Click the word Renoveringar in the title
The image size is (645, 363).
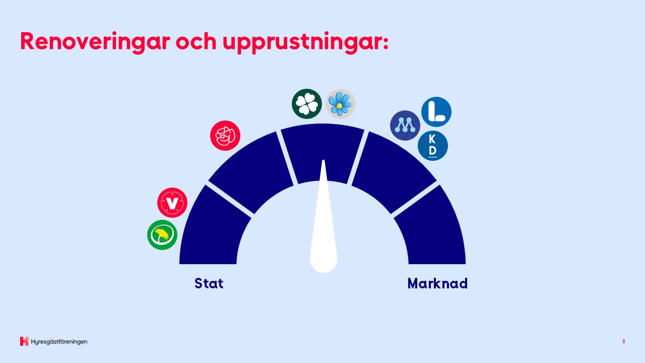point(95,42)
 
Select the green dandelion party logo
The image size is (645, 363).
point(162,235)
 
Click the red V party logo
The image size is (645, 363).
point(172,203)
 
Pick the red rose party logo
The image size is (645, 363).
point(225,136)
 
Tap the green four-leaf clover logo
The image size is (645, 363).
point(307,104)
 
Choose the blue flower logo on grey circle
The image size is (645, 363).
point(340,104)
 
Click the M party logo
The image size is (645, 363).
point(405,126)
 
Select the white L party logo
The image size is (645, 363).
point(436,112)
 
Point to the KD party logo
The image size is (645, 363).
point(432,146)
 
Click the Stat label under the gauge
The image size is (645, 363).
point(209,283)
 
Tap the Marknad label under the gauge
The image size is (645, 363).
point(437,283)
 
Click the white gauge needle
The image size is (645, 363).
point(324,230)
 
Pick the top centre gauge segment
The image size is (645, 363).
point(322,153)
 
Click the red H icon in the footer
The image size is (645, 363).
point(24,341)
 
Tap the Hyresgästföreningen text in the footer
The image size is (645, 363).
point(59,342)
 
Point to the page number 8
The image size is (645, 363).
point(624,341)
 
